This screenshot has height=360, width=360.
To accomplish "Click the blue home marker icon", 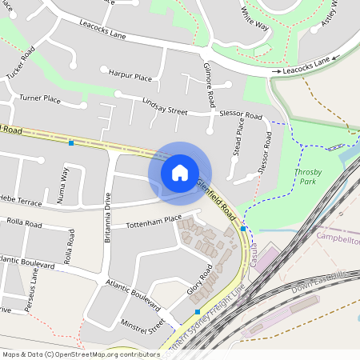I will coord(180,172).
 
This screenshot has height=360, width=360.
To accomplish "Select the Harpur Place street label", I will coord(130,77).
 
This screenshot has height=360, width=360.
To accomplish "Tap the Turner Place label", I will coord(40,98).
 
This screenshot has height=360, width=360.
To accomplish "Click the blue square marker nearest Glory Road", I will coord(198,312).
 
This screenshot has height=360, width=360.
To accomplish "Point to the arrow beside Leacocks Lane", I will coord(276,72).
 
